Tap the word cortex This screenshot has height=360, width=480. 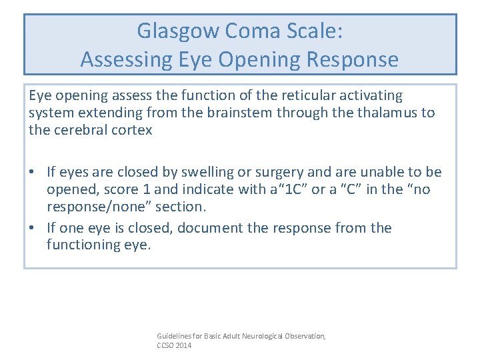point(131,129)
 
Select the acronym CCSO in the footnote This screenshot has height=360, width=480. point(165,346)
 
